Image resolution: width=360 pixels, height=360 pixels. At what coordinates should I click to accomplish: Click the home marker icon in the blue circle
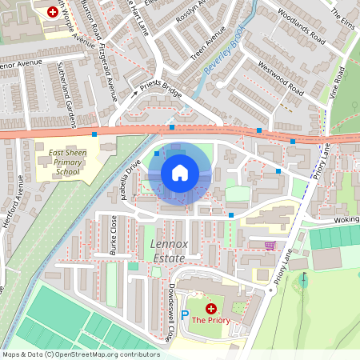pos(180,173)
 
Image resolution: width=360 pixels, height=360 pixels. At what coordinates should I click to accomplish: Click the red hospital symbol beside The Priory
pos(211,308)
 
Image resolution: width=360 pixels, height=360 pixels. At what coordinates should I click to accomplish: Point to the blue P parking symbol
pos(185,316)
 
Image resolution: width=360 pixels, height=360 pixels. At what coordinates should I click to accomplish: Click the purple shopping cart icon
pos(270,246)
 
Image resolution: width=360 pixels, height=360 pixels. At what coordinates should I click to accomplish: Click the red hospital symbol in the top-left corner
pos(53,12)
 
